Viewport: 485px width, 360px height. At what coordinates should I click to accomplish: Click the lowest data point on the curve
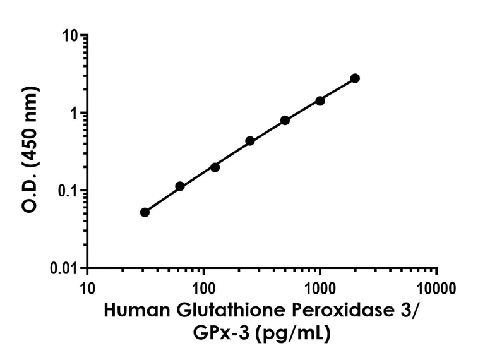click(145, 212)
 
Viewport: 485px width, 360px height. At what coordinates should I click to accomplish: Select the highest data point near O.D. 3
click(355, 78)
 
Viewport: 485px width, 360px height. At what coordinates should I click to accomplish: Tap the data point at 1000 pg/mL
click(320, 100)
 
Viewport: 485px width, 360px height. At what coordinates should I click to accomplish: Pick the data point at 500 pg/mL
click(285, 120)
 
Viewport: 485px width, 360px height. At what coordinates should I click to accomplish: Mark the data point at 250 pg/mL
click(250, 141)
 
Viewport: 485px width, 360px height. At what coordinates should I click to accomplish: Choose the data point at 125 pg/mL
click(215, 167)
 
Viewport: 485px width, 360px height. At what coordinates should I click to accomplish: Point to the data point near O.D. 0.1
click(180, 186)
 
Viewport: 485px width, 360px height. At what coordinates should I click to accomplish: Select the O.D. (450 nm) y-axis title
click(30, 149)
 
